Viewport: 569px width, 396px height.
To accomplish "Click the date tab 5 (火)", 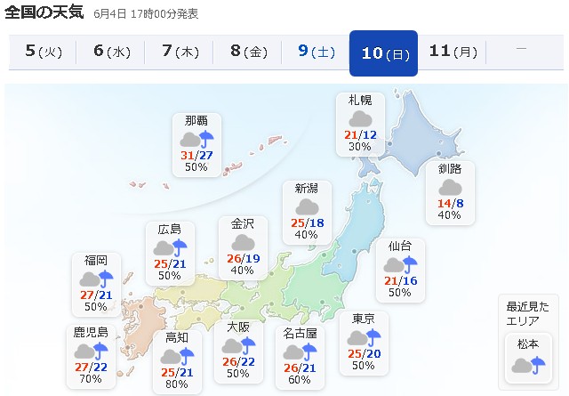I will (44, 52).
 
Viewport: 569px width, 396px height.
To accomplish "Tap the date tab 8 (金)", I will (248, 52).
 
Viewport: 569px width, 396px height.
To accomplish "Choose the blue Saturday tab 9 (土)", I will (316, 52).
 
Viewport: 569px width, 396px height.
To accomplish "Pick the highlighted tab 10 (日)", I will (384, 53).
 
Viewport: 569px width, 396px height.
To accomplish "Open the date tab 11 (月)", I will (452, 52).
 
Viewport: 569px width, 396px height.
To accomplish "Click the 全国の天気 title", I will (44, 13).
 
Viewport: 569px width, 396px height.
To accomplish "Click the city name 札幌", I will (360, 100).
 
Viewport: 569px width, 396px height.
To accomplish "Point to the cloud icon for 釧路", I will (450, 187).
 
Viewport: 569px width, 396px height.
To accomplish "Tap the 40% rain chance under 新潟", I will (306, 234).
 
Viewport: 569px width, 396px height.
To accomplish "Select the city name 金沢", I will (243, 224).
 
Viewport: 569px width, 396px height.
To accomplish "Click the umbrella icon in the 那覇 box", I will (207, 139).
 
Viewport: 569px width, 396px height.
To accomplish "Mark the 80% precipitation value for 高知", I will (176, 384).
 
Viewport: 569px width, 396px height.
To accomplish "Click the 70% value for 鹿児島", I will (91, 378).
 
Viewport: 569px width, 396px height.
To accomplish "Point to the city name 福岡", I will (96, 260).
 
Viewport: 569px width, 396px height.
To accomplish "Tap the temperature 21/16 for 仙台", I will (400, 280).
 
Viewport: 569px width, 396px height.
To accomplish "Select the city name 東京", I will (363, 319).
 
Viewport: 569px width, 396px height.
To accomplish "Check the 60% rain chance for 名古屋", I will (300, 380).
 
